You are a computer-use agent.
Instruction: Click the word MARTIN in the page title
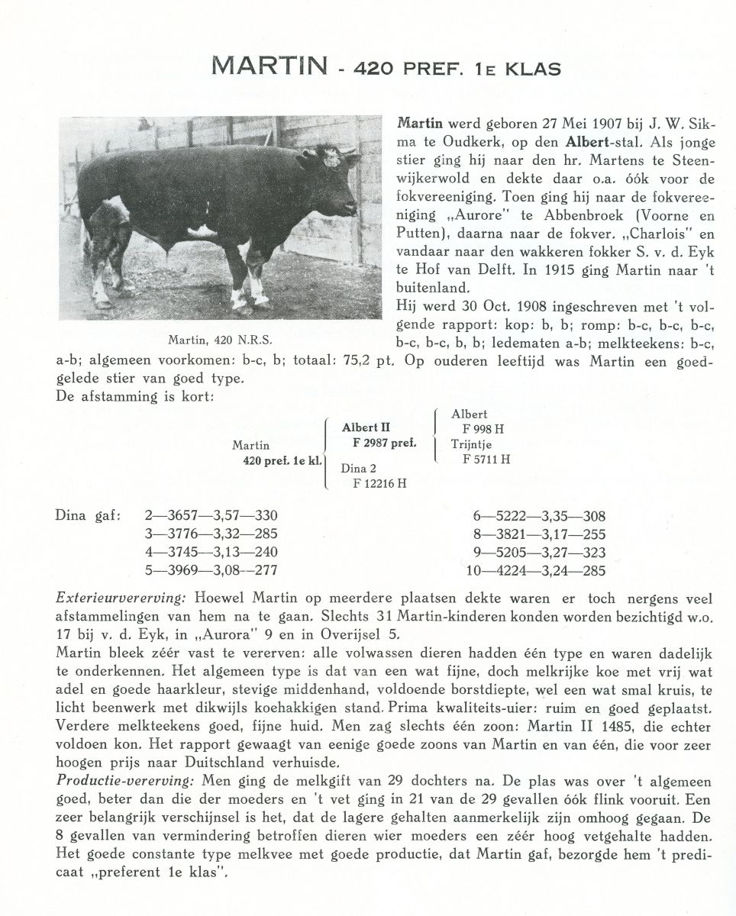265,67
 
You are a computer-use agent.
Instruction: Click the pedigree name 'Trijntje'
471,444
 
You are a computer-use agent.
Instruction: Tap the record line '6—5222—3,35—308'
539,516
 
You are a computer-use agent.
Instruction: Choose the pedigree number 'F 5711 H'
486,460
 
